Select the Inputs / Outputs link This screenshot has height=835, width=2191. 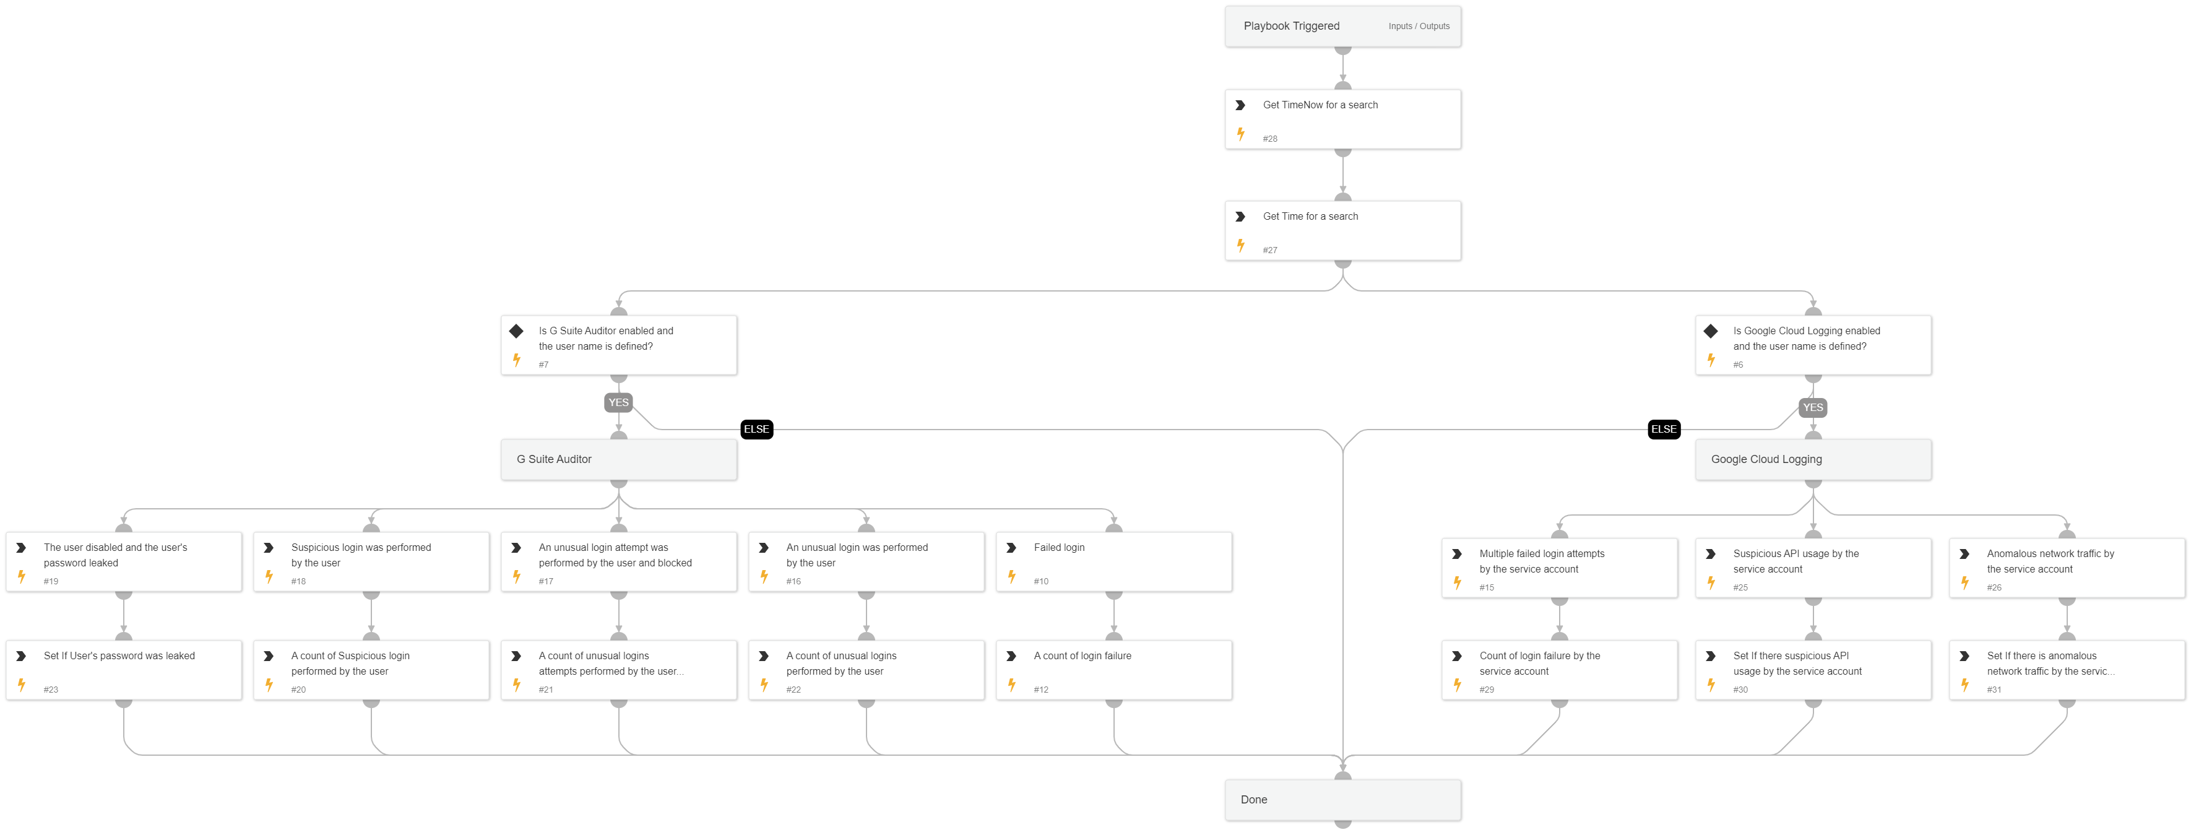[x=1419, y=27]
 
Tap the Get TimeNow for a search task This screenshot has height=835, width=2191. [x=1342, y=119]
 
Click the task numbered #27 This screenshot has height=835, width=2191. [x=1342, y=230]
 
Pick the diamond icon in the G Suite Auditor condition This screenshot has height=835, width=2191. [x=516, y=331]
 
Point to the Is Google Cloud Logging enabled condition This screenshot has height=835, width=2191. [x=1812, y=344]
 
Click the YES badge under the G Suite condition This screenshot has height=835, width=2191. [x=618, y=403]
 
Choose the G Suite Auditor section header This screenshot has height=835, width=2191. [x=618, y=459]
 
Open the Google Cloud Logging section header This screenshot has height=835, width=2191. [x=1812, y=459]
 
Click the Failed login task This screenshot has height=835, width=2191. [x=1113, y=561]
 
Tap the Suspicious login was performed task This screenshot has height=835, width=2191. [x=371, y=561]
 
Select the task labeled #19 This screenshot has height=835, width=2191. [x=123, y=561]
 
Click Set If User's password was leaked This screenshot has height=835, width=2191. [x=123, y=670]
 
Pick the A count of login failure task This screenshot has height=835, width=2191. [x=1113, y=670]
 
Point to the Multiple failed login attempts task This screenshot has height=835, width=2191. [x=1559, y=567]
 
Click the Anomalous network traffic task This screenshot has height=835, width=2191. [x=2066, y=567]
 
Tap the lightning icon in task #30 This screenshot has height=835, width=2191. [x=1711, y=685]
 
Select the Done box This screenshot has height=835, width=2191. [x=1342, y=799]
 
